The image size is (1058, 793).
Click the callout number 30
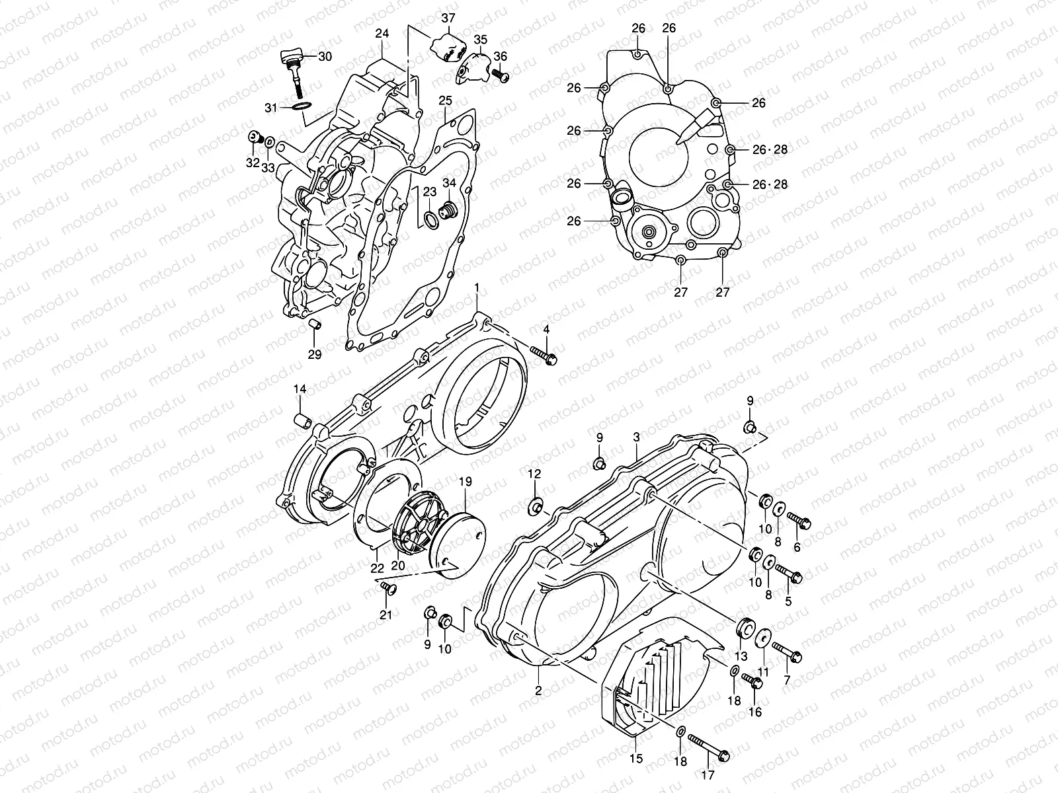(x=325, y=57)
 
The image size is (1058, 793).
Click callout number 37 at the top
(x=448, y=18)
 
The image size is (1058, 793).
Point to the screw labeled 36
(x=502, y=77)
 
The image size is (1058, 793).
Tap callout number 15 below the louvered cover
(x=636, y=759)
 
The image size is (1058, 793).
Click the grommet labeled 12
(x=535, y=507)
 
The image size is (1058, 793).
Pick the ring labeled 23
(x=429, y=219)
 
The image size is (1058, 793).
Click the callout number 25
(x=445, y=100)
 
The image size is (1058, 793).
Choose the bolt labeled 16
(x=751, y=681)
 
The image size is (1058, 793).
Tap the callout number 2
(x=538, y=691)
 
